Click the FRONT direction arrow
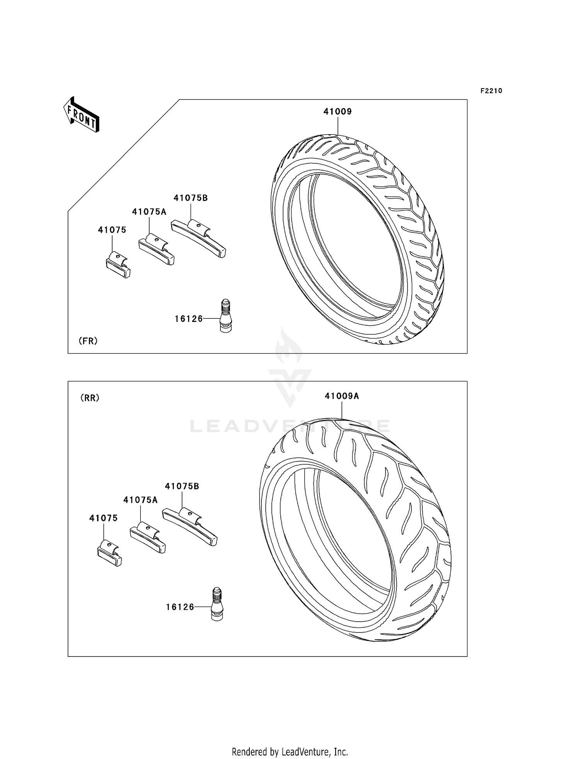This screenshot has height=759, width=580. (x=82, y=115)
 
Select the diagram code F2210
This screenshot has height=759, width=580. (x=491, y=91)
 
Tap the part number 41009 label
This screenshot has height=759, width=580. (x=338, y=112)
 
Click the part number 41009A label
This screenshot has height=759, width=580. (x=342, y=396)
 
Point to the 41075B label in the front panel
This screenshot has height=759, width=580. (x=191, y=198)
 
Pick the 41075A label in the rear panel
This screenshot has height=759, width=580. (x=140, y=500)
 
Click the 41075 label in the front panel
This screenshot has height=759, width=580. (x=112, y=230)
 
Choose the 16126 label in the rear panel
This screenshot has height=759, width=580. (x=180, y=607)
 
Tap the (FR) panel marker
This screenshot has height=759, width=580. (x=88, y=341)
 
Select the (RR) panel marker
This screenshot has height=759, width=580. (x=90, y=398)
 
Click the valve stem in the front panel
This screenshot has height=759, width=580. (x=225, y=316)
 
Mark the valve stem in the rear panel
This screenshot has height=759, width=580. (x=217, y=604)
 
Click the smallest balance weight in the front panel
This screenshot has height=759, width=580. (x=118, y=265)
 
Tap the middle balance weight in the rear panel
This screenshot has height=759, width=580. (x=148, y=537)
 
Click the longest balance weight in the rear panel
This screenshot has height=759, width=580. (x=190, y=527)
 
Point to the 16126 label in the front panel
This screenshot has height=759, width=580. (x=189, y=319)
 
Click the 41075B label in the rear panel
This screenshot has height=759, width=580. (x=182, y=486)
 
